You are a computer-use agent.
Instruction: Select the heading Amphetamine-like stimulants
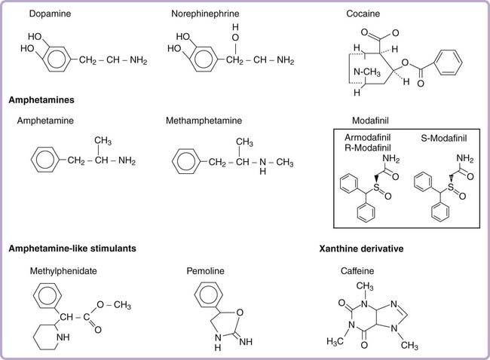click(x=72, y=249)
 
